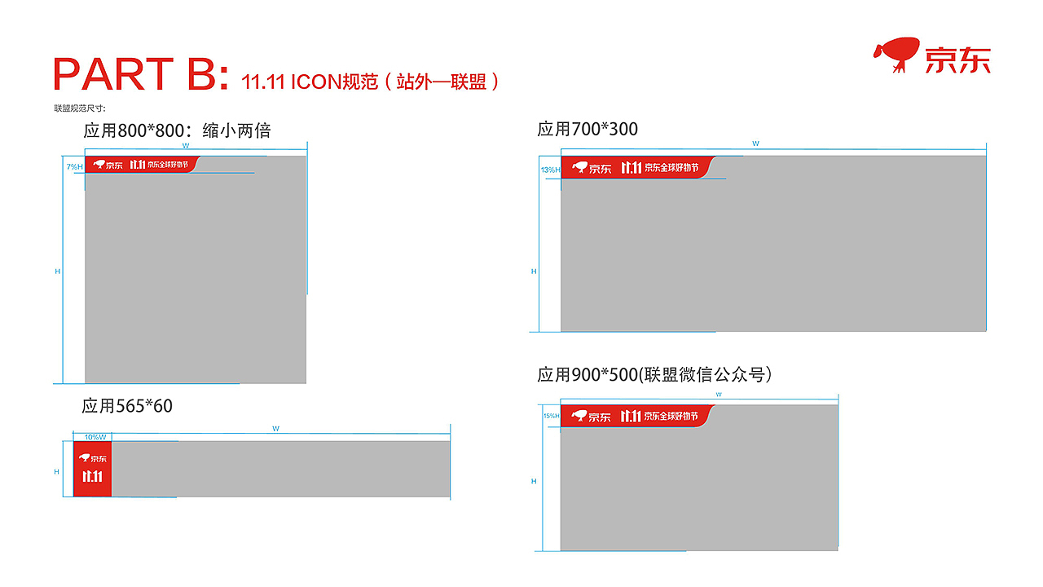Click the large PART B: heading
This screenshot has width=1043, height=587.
tap(140, 73)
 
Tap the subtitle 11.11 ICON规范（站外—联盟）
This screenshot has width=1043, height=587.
tap(370, 82)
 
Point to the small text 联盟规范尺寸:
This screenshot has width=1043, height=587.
tap(80, 108)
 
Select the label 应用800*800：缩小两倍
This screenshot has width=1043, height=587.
tap(177, 130)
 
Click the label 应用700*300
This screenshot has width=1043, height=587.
tap(588, 129)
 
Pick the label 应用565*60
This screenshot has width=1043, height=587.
tap(127, 405)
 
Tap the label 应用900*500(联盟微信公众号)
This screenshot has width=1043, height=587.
tap(654, 374)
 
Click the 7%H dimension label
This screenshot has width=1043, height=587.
tap(75, 166)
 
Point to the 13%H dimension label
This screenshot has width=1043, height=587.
tap(550, 170)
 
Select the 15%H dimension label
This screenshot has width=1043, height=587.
tap(551, 416)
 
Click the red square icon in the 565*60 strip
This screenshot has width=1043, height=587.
tap(93, 469)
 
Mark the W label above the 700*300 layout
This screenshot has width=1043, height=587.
tap(755, 143)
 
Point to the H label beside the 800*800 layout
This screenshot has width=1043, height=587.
tap(58, 271)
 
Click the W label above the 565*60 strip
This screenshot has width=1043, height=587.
tap(275, 428)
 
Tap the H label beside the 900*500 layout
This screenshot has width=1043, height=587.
tap(534, 481)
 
